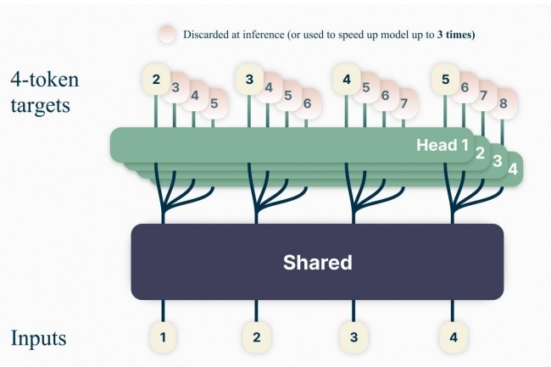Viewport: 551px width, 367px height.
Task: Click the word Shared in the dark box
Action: tap(317, 262)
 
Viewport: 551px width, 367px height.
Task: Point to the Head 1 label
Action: tap(442, 145)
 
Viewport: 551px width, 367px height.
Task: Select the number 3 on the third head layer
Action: tap(498, 160)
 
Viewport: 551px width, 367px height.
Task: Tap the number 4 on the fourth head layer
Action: tap(512, 168)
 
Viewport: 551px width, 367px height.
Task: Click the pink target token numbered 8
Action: tap(504, 104)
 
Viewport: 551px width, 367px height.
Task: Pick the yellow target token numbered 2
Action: tap(156, 80)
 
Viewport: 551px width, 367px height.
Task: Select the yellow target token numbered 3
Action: tap(250, 80)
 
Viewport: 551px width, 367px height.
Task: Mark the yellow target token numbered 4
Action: tap(347, 80)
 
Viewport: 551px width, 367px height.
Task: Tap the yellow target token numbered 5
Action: tap(446, 80)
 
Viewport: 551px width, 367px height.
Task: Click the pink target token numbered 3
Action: tap(175, 86)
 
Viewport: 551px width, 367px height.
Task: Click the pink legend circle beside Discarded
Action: tap(167, 34)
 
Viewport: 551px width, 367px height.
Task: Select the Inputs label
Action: tap(38, 338)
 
